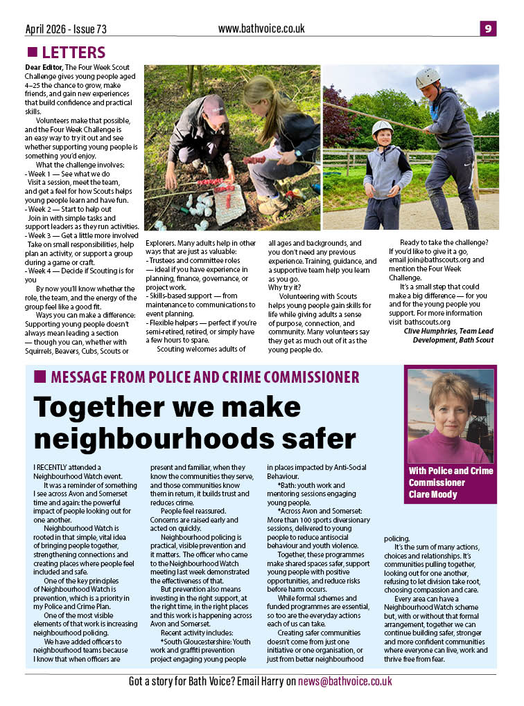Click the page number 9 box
coord(488,28)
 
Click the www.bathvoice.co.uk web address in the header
coord(261,28)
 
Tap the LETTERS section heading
coord(73,53)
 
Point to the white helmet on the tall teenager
coord(428,78)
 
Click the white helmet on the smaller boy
coord(382,128)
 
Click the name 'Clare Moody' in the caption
coord(433,494)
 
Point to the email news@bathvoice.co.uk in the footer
coord(345,681)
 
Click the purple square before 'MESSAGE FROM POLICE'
coord(40,377)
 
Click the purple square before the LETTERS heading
coord(32,53)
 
